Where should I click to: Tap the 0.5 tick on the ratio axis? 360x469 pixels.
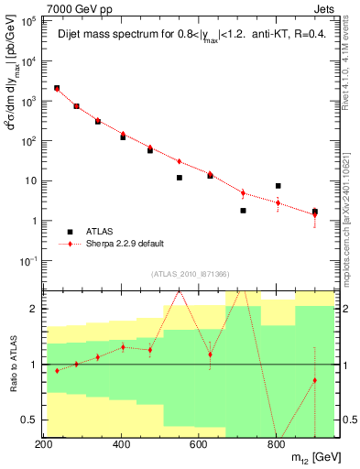(31, 420)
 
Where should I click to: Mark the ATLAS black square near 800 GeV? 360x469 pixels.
(278, 186)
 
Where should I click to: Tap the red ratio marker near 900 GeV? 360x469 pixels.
(315, 380)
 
